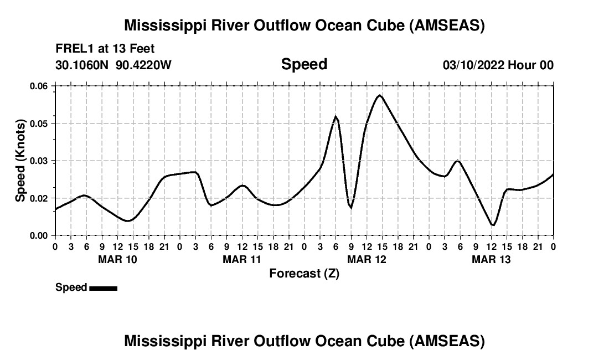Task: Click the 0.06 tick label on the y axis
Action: pos(39,86)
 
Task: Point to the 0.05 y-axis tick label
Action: pos(39,124)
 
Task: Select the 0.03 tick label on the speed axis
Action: pos(39,161)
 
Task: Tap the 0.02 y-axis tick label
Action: pos(39,198)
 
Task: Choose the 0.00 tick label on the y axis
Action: pos(39,236)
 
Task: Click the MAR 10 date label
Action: pos(117,259)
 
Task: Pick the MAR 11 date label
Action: pos(242,259)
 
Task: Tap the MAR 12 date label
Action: pos(367,259)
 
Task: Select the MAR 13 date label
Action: pos(491,259)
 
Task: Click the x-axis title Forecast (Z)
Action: pos(304,274)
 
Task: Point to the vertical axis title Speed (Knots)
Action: pos(20,160)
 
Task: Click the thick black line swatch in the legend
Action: pos(103,288)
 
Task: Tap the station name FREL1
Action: pos(73,49)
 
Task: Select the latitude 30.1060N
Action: pos(82,65)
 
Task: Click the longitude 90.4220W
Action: pos(144,65)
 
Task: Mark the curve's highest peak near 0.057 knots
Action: pos(379,95)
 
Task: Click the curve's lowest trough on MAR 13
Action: pos(493,225)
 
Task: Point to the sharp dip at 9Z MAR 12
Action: pos(351,208)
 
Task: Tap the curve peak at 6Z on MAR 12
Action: pos(336,116)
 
